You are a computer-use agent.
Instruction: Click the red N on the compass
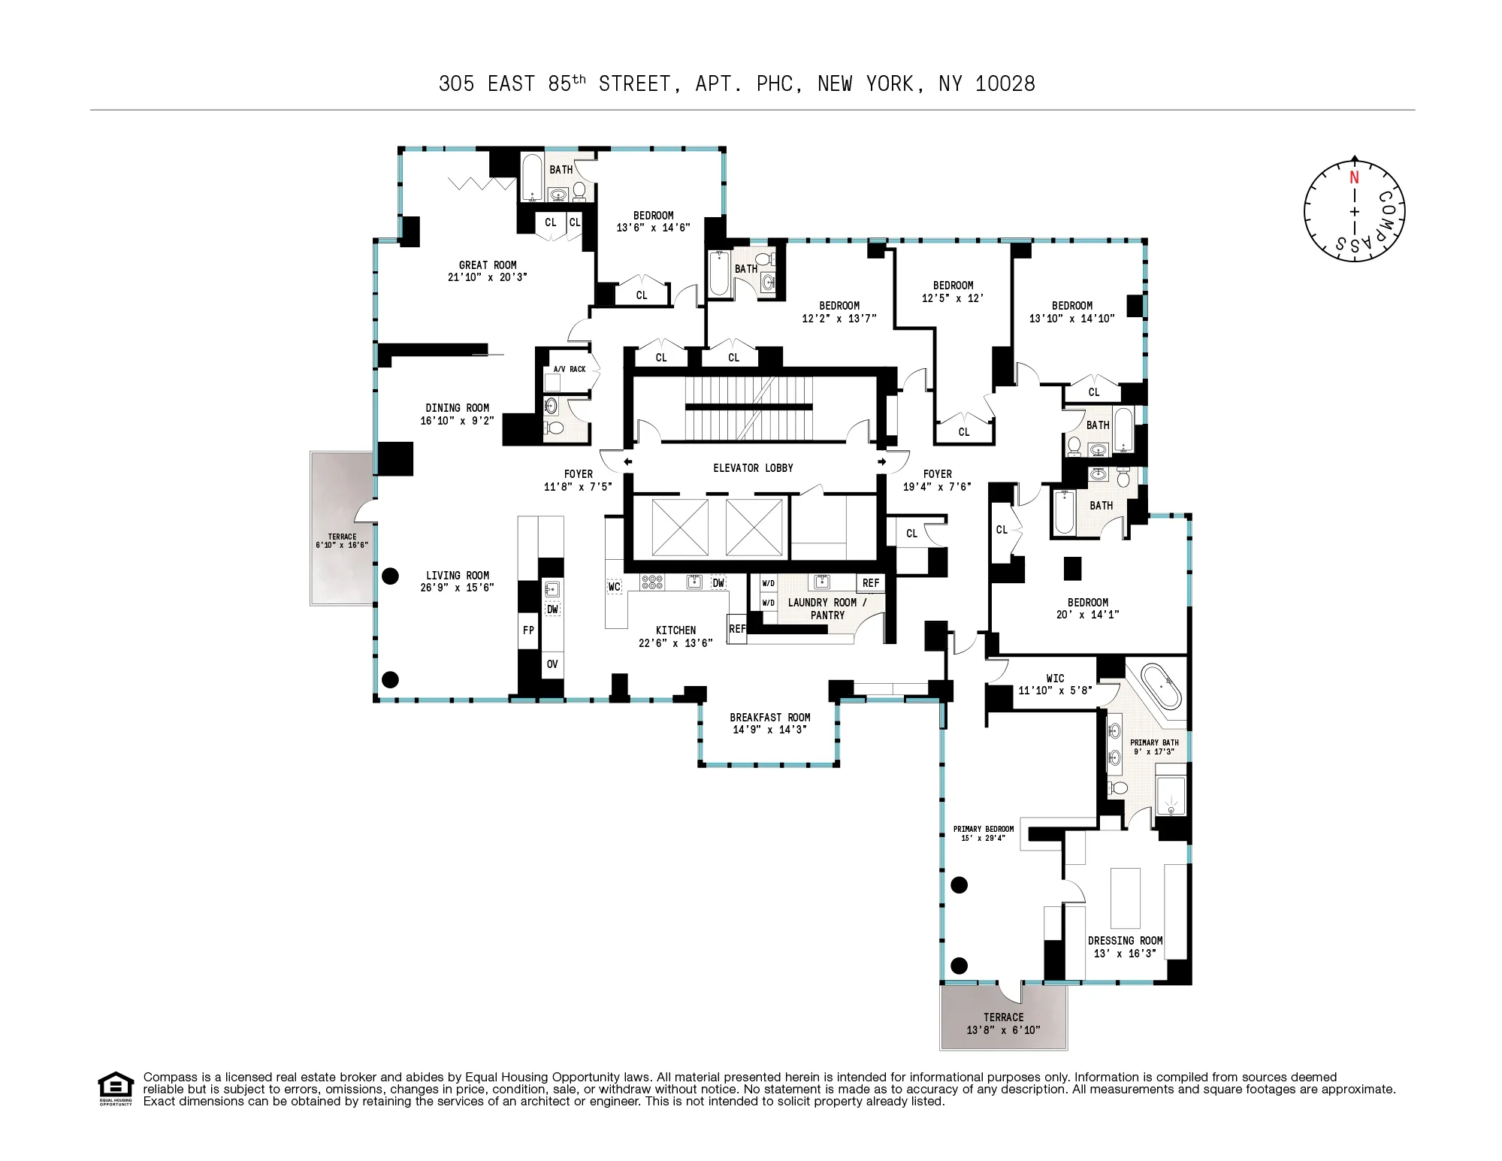tap(1354, 178)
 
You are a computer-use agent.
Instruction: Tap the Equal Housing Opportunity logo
tap(115, 1087)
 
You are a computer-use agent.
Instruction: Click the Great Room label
tap(488, 265)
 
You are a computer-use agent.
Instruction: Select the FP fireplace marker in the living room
tap(528, 630)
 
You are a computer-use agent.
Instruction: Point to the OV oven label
tap(552, 664)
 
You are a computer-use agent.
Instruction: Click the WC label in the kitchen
tap(614, 587)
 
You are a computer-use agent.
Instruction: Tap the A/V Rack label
tap(570, 369)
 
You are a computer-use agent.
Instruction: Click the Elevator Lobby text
tap(753, 468)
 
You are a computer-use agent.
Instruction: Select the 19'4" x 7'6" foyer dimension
tap(937, 487)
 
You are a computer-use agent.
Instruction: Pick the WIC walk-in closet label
tap(1055, 678)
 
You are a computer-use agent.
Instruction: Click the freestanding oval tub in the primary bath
tap(1161, 685)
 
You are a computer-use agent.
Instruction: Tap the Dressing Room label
tap(1125, 941)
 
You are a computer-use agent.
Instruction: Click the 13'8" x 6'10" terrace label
tap(1003, 1030)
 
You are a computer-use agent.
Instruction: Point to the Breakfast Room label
tap(769, 718)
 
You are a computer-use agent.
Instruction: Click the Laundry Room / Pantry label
tap(827, 609)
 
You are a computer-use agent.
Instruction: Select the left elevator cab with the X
tap(680, 527)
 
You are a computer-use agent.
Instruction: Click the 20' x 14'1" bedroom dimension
tap(1087, 615)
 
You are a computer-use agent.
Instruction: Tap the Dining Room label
tap(457, 408)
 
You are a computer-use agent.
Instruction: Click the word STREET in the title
tap(635, 84)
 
